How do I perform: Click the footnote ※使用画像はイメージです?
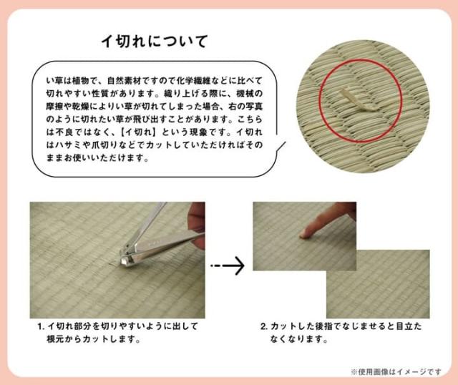click(396, 371)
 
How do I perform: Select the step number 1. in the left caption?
click(42, 326)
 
